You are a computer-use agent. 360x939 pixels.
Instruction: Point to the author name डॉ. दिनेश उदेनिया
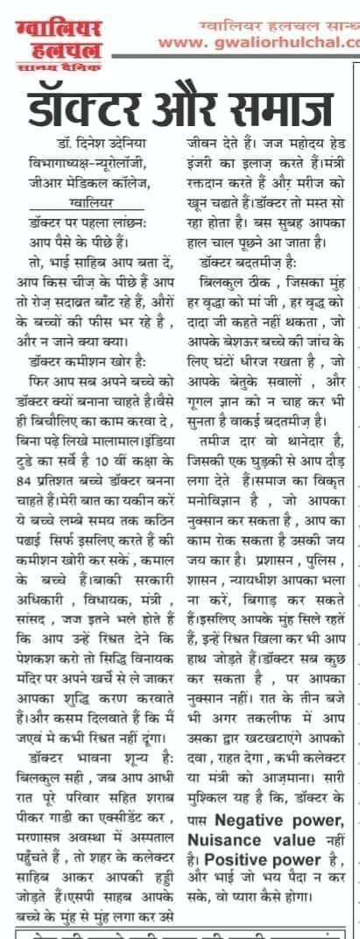(95, 142)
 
